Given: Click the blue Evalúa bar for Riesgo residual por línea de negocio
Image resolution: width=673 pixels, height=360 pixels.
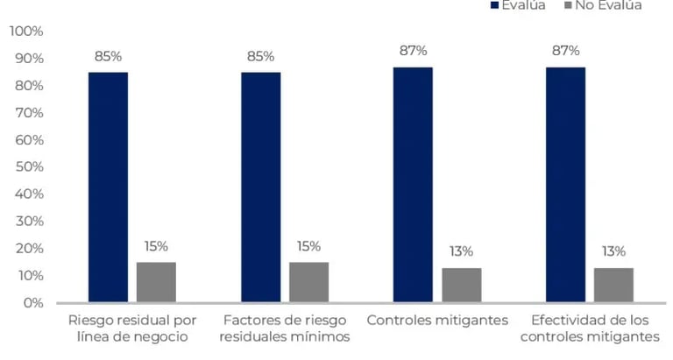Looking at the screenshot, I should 108,187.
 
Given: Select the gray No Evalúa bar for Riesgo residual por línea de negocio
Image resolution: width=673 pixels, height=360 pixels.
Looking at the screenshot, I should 156,282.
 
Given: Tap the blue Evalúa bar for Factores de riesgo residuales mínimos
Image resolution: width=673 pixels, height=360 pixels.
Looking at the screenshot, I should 261,187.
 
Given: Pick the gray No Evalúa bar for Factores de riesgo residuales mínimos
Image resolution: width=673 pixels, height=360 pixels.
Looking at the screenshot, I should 308,282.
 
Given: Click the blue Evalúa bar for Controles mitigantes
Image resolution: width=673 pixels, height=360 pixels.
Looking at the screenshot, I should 413,185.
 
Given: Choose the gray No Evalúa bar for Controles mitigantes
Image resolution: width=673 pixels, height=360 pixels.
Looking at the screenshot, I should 461,285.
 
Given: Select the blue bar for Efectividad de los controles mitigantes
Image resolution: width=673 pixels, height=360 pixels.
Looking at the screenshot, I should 565,185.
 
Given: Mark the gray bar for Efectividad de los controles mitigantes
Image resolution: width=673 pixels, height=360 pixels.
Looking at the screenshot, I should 613,285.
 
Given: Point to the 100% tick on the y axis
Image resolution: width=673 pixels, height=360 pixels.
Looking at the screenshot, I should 26,32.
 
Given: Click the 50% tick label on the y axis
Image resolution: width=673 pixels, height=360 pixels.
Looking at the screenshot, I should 29,167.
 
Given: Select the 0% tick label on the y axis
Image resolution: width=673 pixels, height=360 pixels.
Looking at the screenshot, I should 32,303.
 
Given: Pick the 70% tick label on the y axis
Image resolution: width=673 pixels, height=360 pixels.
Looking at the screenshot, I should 29,113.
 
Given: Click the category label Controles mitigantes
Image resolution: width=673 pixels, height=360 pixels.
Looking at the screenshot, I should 437,321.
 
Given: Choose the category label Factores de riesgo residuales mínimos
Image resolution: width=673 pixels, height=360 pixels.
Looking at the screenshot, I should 285,328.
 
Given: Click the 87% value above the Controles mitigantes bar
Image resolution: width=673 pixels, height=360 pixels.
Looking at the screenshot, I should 413,51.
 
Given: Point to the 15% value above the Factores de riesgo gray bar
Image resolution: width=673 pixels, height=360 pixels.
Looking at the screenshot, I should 308,246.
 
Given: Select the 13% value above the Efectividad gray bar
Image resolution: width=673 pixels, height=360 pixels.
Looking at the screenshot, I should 613,251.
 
